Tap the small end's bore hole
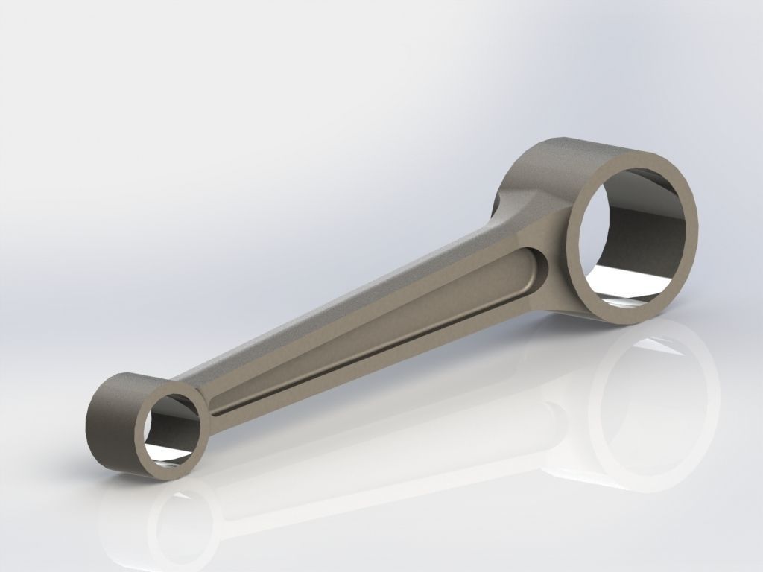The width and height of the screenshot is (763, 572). tap(173, 428)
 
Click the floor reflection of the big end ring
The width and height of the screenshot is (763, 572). tap(656, 417)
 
